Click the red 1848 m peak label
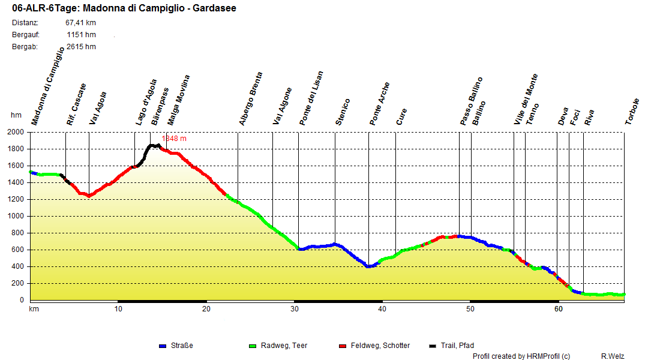pyautogui.click(x=174, y=139)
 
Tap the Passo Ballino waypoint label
pyautogui.click(x=472, y=101)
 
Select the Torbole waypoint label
pyautogui.click(x=632, y=111)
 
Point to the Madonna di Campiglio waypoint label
pyautogui.click(x=47, y=86)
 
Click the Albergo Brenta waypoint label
pyautogui.click(x=251, y=99)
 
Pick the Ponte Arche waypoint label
pyautogui.click(x=380, y=103)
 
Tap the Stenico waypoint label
pyautogui.click(x=343, y=112)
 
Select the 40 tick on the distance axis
pyautogui.click(x=382, y=309)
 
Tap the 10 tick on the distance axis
pyautogui.click(x=118, y=309)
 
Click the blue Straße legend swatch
pyautogui.click(x=162, y=346)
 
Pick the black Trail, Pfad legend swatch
pyautogui.click(x=433, y=346)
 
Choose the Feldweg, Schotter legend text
pyautogui.click(x=380, y=346)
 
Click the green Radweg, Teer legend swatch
pyautogui.click(x=252, y=346)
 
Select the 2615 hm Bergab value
pyautogui.click(x=81, y=47)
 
